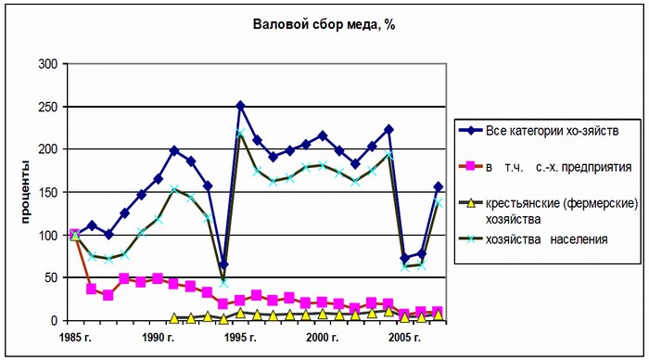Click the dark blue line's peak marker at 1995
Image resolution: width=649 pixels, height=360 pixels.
click(240, 107)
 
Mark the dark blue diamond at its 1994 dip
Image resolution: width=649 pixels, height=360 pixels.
click(223, 265)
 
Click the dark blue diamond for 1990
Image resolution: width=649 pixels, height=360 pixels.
click(174, 150)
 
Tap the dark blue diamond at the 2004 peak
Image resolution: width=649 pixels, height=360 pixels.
click(388, 130)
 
